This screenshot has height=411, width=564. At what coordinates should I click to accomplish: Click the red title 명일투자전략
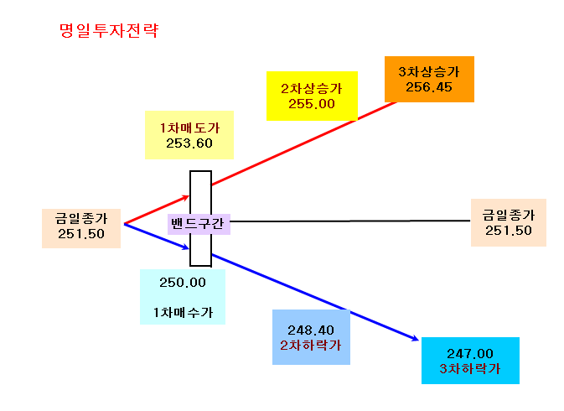[109, 30]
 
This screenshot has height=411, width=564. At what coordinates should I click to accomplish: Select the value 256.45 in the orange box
[429, 87]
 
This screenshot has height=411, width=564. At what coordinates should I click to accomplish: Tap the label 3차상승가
[429, 71]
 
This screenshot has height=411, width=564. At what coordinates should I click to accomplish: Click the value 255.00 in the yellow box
[312, 104]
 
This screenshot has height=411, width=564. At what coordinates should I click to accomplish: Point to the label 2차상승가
[312, 89]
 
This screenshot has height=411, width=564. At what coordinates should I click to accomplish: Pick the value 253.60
[189, 143]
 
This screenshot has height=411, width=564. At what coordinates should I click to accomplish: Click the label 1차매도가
[189, 127]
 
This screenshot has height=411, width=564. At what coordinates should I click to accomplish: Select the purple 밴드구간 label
[198, 223]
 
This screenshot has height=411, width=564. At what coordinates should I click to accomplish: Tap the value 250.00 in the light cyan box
[183, 283]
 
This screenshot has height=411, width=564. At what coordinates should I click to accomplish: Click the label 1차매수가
[183, 312]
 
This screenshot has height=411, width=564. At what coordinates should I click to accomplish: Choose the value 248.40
[311, 330]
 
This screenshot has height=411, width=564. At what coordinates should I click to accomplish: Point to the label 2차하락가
[311, 345]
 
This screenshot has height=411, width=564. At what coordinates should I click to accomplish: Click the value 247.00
[470, 353]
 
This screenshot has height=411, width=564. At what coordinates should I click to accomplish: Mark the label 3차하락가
[470, 368]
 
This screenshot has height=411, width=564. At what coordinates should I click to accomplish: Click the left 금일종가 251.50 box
[81, 228]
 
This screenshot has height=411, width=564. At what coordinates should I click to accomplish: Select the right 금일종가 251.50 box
[509, 223]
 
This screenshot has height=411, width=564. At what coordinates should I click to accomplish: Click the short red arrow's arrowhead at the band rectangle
[188, 196]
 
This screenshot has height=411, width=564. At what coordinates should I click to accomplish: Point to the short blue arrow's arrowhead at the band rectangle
[188, 247]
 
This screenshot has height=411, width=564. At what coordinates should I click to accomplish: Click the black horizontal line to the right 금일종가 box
[350, 221]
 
